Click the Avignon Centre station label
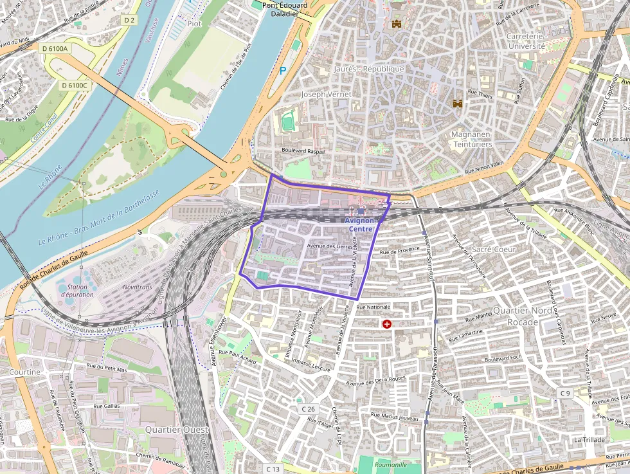coord(361,224)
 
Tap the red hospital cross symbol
coord(387,324)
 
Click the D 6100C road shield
coord(75,85)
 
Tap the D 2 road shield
coord(129,21)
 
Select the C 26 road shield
coord(309,409)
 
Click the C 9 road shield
coord(564,392)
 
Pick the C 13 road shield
coord(273,469)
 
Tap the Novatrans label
coord(137,287)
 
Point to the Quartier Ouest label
coord(177,429)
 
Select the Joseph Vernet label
coord(327,94)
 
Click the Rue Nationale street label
coord(373,307)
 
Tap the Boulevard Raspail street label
coord(303,151)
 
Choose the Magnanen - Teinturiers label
coord(472,139)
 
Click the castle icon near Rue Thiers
coord(458,103)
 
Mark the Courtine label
coord(24,372)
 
